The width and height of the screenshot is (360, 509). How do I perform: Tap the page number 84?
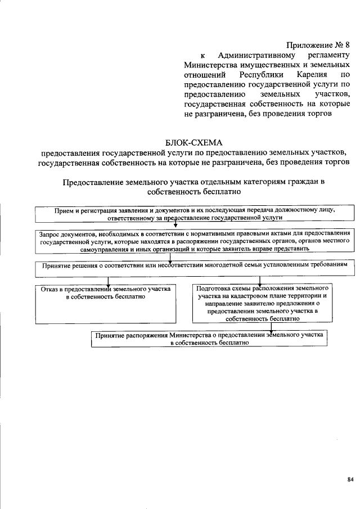pos(350,479)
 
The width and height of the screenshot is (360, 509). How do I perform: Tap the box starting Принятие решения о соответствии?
pos(194,264)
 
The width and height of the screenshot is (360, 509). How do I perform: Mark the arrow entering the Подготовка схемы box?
pos(254,281)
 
